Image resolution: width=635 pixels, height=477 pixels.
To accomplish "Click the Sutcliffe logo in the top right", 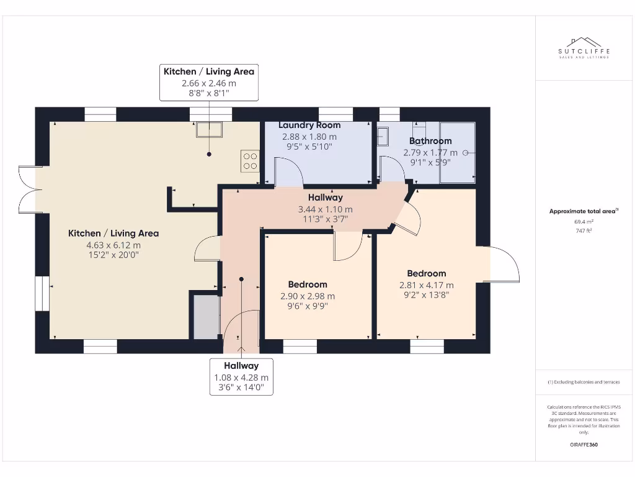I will coord(584,48).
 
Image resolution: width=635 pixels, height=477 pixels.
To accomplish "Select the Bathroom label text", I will coord(430,141).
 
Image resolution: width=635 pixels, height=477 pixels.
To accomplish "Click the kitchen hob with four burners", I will coord(251,161).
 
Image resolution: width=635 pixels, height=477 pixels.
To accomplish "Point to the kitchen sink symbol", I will coord(209,129).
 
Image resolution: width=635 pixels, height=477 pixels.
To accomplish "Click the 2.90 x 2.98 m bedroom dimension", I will coord(308,296).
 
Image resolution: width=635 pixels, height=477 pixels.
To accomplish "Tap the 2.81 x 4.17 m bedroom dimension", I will coord(427,285).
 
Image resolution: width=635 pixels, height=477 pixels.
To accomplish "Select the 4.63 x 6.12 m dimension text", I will coord(113,245).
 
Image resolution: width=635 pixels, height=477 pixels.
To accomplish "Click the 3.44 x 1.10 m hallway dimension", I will coord(326,209).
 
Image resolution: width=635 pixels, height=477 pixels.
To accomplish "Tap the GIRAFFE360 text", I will coord(584,445).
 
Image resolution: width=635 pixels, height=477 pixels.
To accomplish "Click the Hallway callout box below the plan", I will coord(241,376).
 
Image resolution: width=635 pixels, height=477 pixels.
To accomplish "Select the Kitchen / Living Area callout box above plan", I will coord(209,82).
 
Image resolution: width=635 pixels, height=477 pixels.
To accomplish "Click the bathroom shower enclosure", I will coord(457,153).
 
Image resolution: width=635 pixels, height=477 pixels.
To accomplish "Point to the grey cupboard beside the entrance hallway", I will coord(206,317).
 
